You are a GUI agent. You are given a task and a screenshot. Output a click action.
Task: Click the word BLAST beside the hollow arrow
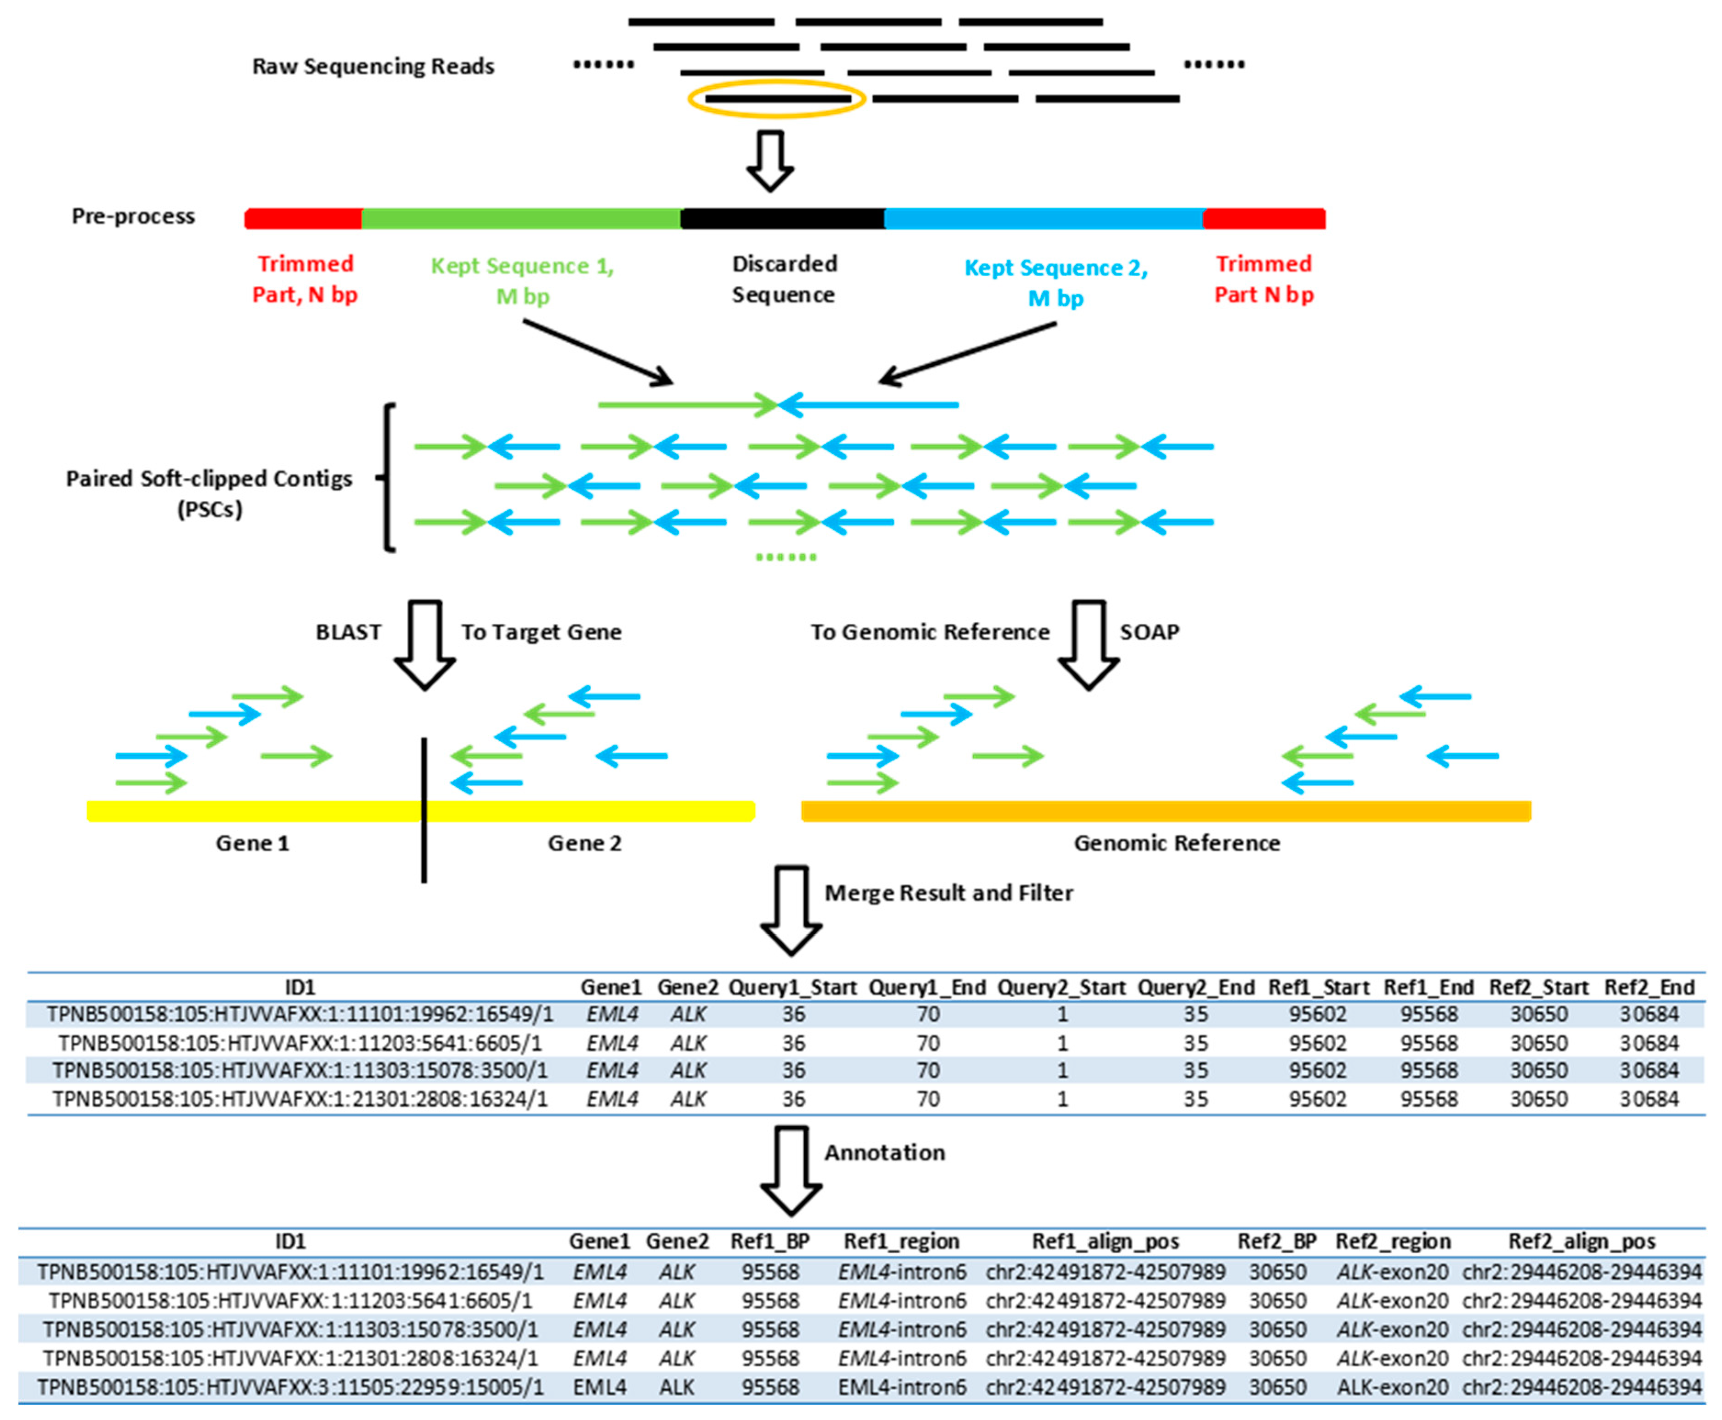click(349, 632)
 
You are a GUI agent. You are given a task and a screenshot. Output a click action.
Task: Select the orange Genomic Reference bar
click(1165, 811)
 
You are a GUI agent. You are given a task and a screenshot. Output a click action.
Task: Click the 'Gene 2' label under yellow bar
click(584, 844)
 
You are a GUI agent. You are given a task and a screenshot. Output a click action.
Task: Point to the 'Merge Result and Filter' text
click(948, 893)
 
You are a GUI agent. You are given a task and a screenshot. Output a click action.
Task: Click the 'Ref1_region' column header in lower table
click(901, 1241)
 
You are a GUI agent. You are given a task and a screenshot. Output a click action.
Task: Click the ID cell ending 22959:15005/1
click(290, 1387)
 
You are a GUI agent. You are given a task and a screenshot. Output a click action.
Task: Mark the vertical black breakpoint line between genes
click(424, 810)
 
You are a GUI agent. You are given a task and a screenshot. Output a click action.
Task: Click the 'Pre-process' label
click(133, 216)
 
